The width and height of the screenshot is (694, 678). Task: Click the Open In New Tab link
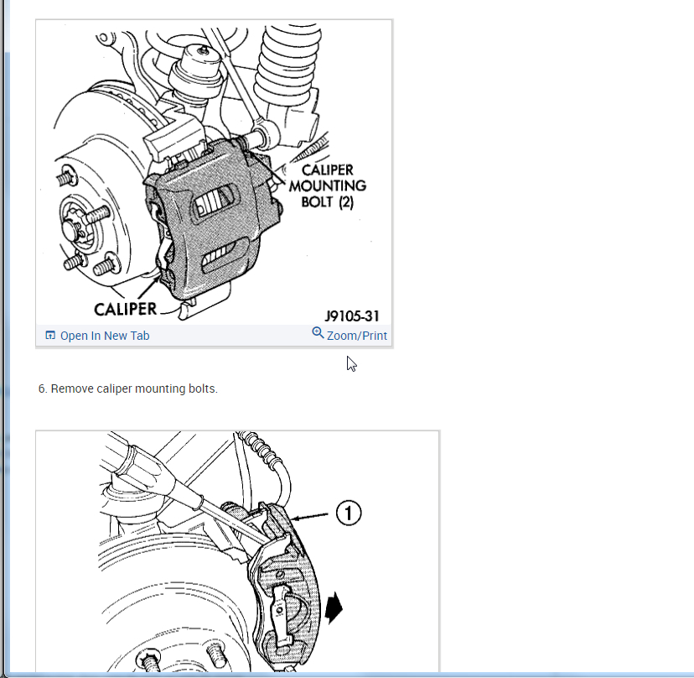click(x=105, y=336)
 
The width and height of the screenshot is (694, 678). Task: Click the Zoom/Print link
click(x=357, y=336)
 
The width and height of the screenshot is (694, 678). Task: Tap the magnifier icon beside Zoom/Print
click(x=318, y=333)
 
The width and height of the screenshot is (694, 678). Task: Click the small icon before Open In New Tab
click(x=50, y=336)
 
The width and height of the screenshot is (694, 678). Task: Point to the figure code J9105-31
click(x=352, y=316)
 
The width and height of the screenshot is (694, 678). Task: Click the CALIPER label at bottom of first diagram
click(x=126, y=309)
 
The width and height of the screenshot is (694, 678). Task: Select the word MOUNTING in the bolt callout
click(x=328, y=185)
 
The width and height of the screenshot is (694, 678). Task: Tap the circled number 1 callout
click(x=349, y=512)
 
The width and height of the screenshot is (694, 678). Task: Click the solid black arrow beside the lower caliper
click(x=335, y=607)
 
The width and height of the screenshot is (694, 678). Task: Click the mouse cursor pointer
click(x=351, y=363)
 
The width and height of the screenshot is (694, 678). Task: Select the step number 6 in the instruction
click(x=42, y=389)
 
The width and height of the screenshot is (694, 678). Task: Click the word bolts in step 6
click(x=203, y=389)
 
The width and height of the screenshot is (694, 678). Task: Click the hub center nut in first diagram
click(x=72, y=227)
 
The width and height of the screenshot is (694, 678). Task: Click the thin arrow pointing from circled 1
click(x=312, y=517)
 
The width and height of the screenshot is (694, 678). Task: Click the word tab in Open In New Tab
click(x=139, y=336)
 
